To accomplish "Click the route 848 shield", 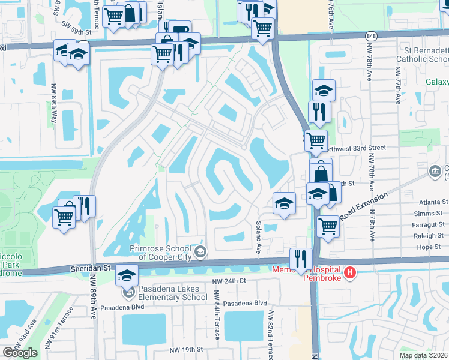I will tap(372, 36).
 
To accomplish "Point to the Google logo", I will tap(19, 353).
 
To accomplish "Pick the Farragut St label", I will tap(427, 224).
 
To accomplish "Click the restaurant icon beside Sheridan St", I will tap(301, 259).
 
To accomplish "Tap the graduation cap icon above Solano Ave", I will tap(283, 203).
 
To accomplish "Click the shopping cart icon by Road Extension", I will tap(327, 226).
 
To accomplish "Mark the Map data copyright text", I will tap(423, 355).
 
